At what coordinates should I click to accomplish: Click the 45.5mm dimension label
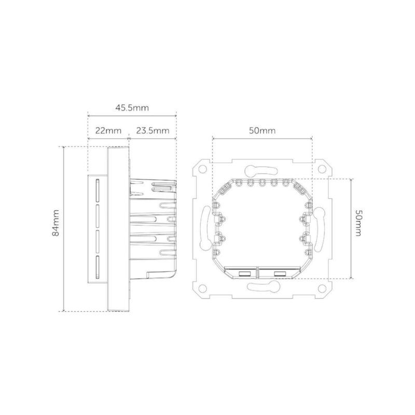click(132, 108)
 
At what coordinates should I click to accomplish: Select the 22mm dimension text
click(107, 131)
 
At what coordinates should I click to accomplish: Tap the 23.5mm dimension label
click(153, 131)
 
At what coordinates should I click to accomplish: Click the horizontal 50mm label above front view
click(262, 131)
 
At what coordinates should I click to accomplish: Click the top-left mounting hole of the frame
click(200, 169)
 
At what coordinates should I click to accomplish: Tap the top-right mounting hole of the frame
click(324, 169)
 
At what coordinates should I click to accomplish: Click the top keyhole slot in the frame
click(261, 170)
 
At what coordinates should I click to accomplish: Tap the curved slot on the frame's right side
click(321, 228)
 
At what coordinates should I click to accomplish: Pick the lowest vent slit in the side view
click(97, 266)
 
